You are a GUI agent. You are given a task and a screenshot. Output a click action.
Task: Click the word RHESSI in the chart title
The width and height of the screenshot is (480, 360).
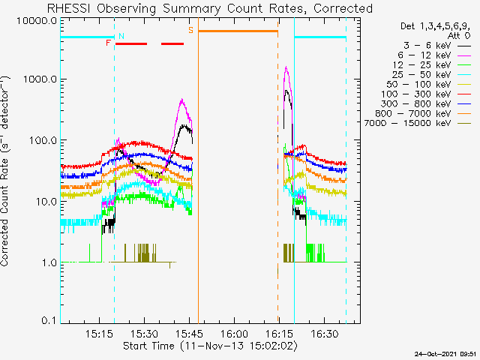(69, 8)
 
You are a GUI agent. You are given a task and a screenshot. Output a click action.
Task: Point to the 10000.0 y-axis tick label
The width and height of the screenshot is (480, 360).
(37, 21)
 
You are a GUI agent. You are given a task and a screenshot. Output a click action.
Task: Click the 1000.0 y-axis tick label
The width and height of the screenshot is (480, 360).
(40, 79)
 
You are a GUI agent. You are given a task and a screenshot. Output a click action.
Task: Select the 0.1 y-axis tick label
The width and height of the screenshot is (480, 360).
(49, 320)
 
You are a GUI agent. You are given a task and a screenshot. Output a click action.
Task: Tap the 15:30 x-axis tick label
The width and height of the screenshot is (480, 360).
(145, 334)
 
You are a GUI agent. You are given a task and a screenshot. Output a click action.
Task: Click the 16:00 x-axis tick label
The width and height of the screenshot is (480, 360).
(234, 334)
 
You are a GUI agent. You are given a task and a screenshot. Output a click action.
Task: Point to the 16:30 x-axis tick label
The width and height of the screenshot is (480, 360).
(325, 334)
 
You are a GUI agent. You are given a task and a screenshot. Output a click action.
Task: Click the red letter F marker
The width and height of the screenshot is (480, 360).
(108, 43)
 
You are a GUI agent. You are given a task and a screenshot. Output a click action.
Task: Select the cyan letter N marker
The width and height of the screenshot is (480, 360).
(121, 36)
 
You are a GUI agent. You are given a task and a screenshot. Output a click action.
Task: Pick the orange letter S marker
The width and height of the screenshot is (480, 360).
(191, 30)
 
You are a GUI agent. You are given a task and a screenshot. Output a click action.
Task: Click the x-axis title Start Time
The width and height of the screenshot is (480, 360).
(148, 346)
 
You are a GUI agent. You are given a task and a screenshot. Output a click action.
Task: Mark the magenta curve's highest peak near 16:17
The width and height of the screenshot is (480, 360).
(286, 67)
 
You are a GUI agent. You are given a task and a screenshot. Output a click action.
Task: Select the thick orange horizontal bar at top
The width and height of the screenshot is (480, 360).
(238, 31)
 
